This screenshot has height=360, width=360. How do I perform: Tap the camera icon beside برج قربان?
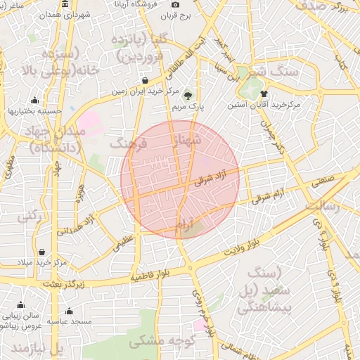pos(176,5)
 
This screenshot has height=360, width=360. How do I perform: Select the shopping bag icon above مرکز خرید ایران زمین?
pos(145,81)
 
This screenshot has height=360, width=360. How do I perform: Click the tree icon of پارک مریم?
pos(188,95)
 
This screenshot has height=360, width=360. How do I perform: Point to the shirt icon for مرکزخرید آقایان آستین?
pos(264,94)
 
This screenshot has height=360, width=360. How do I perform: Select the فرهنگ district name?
pos(128,143)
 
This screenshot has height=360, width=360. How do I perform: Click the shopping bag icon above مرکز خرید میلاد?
pos(42,252)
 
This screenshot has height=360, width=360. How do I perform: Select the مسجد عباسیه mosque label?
pos(70,321)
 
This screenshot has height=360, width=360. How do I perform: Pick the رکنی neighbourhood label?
pos(29,217)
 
